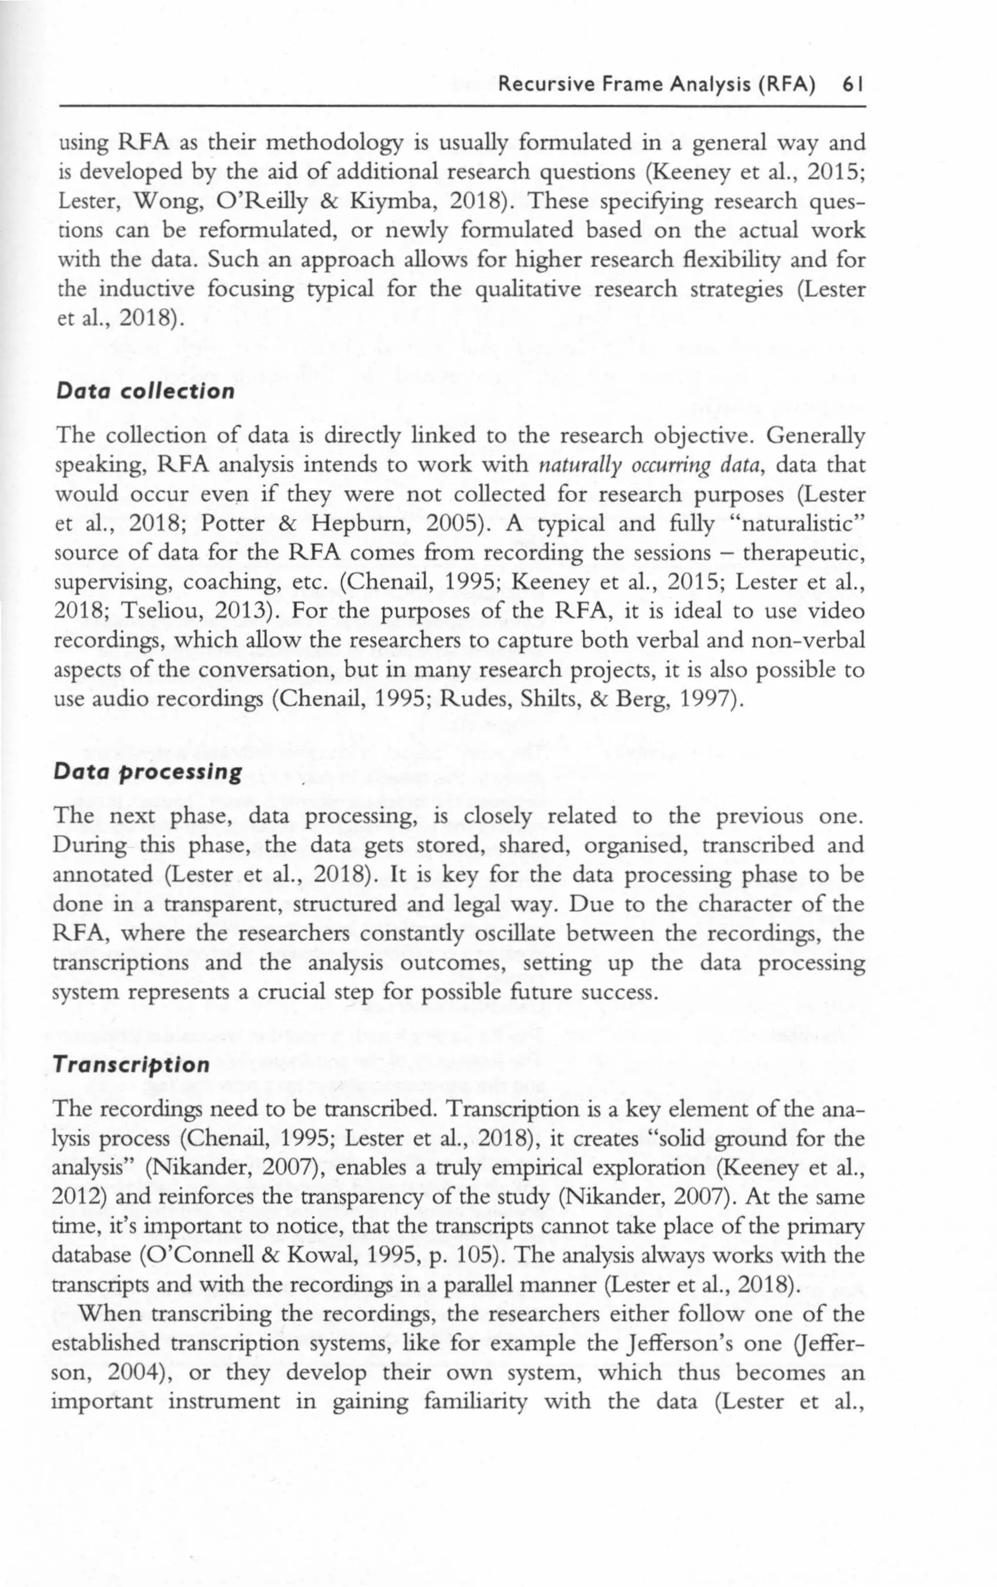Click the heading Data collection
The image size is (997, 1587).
[145, 391]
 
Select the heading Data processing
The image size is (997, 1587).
[148, 772]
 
